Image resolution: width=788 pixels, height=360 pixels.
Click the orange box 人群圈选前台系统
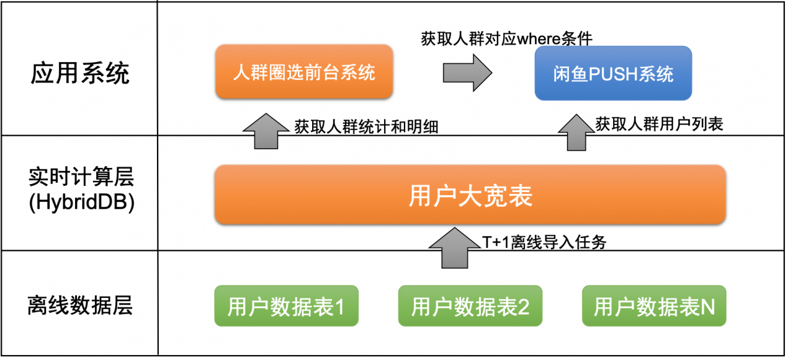304,71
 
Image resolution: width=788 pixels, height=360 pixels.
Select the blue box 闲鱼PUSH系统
613,73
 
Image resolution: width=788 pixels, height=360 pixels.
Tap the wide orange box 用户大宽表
470,195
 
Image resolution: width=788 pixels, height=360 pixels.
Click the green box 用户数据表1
286,306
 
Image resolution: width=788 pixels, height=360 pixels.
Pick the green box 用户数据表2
470,306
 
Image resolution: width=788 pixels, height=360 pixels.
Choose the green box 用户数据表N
654,306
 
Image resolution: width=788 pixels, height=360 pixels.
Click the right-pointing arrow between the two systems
467,72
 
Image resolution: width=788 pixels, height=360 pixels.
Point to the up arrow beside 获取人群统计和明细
266,130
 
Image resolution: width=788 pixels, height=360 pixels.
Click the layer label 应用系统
80,73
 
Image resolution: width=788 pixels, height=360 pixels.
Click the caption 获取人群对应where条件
506,39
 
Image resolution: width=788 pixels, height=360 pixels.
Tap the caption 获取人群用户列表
659,124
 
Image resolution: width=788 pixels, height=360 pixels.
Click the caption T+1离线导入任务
544,242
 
